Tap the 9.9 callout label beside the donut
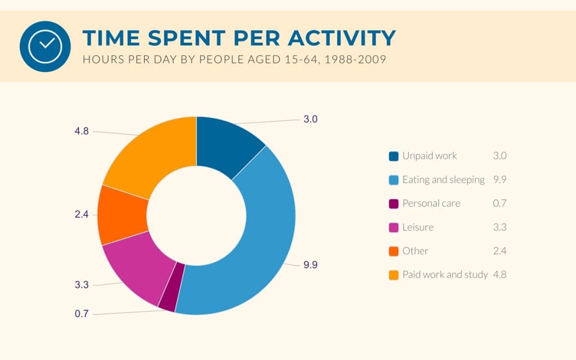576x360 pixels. (x=310, y=265)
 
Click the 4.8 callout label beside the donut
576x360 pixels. (x=82, y=131)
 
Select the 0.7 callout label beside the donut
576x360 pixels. (x=82, y=314)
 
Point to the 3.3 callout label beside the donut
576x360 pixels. (x=82, y=285)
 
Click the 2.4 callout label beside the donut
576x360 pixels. (x=82, y=214)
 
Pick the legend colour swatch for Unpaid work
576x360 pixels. (x=393, y=156)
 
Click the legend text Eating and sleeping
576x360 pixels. (x=443, y=180)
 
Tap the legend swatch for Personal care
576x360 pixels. (x=393, y=204)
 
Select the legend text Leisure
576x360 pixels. (x=418, y=227)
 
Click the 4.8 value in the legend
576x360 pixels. (x=499, y=274)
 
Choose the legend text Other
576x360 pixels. (x=415, y=251)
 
